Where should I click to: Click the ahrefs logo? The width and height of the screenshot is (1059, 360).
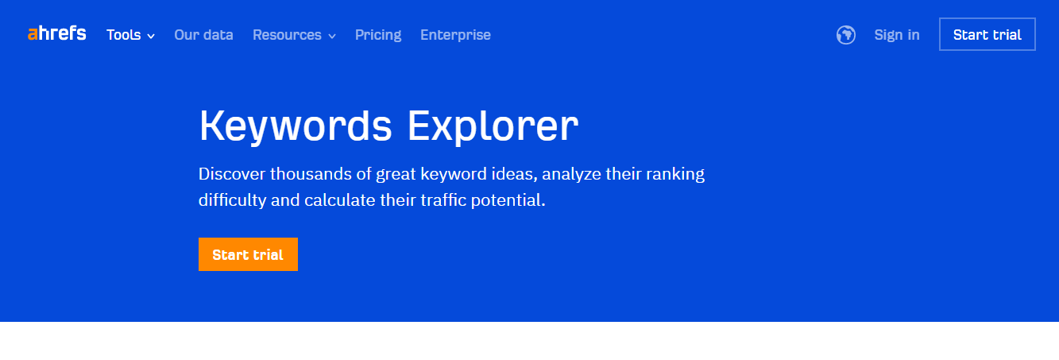pyautogui.click(x=56, y=33)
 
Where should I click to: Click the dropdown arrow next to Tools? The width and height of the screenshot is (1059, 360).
pyautogui.click(x=151, y=36)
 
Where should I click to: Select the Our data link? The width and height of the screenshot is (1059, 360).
pyautogui.click(x=203, y=35)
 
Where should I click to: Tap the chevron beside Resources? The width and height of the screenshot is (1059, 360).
pyautogui.click(x=332, y=36)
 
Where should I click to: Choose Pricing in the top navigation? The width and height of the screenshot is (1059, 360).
pyautogui.click(x=378, y=35)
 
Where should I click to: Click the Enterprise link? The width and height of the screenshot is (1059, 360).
pyautogui.click(x=456, y=35)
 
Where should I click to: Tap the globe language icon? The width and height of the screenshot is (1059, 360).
pyautogui.click(x=846, y=35)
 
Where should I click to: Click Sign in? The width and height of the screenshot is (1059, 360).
pyautogui.click(x=897, y=35)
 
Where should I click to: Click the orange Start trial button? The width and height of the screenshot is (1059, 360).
pyautogui.click(x=248, y=254)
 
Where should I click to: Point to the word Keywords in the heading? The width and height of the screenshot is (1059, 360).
pyautogui.click(x=296, y=126)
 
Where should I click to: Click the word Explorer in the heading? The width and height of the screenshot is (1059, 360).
pyautogui.click(x=493, y=126)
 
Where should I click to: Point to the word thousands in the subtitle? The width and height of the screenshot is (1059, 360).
pyautogui.click(x=311, y=174)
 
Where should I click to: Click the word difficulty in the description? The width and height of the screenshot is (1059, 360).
pyautogui.click(x=232, y=200)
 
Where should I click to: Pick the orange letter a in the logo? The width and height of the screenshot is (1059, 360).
pyautogui.click(x=33, y=34)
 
